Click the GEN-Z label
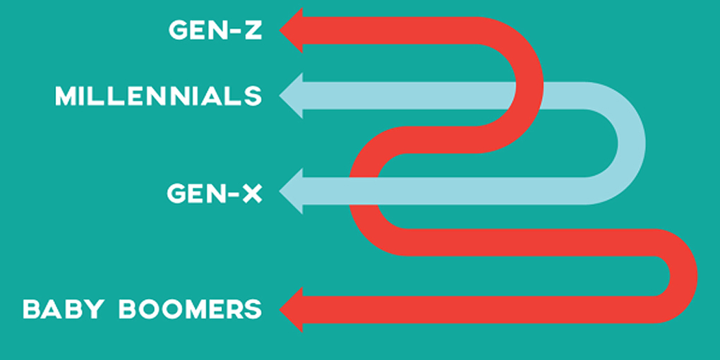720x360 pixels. pos(215,30)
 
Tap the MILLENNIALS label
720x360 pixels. pos(159,96)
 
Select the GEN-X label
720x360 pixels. pos(215,193)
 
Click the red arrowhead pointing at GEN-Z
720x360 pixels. pos(292,30)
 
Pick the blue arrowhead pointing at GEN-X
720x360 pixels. pos(292,191)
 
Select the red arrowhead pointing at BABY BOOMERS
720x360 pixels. pos(292,309)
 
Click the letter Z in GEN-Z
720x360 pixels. pos(252,30)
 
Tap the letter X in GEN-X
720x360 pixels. pos(252,193)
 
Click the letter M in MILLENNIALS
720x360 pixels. pos(68,96)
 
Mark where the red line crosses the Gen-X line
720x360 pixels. pos(364,191)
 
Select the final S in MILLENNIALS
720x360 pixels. pos(253,96)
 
